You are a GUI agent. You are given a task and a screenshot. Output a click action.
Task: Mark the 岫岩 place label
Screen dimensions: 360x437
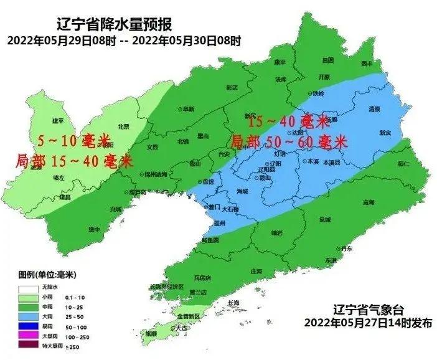coord(276,232)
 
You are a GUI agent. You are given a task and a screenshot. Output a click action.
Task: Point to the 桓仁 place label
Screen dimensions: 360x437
coord(403,164)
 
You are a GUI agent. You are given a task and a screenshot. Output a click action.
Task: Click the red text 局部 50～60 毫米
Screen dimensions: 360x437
coord(288,143)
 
